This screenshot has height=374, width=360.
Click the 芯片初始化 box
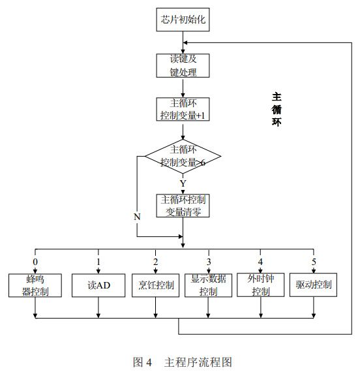click(x=183, y=20)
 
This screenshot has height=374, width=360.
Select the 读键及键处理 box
click(x=183, y=66)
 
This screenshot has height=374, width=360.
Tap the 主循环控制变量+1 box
click(x=183, y=110)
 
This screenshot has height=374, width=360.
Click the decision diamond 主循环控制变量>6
click(x=183, y=157)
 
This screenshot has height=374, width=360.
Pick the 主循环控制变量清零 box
click(x=183, y=206)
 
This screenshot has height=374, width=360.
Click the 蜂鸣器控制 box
click(x=35, y=285)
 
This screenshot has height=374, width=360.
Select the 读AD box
click(x=98, y=285)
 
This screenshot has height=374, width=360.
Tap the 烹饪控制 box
click(x=157, y=285)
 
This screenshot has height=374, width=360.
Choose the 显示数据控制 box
click(x=209, y=285)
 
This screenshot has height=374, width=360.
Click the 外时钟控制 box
click(x=261, y=285)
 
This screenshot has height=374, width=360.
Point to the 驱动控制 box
click(x=314, y=285)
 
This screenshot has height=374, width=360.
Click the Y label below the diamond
click(x=183, y=183)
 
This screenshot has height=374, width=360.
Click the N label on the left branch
click(x=138, y=216)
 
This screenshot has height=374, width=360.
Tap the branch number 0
click(x=35, y=262)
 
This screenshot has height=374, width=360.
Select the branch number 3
click(x=209, y=262)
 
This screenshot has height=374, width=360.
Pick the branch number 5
click(x=314, y=262)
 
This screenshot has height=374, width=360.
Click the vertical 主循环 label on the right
click(x=277, y=108)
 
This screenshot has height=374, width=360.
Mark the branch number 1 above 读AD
click(x=98, y=262)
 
